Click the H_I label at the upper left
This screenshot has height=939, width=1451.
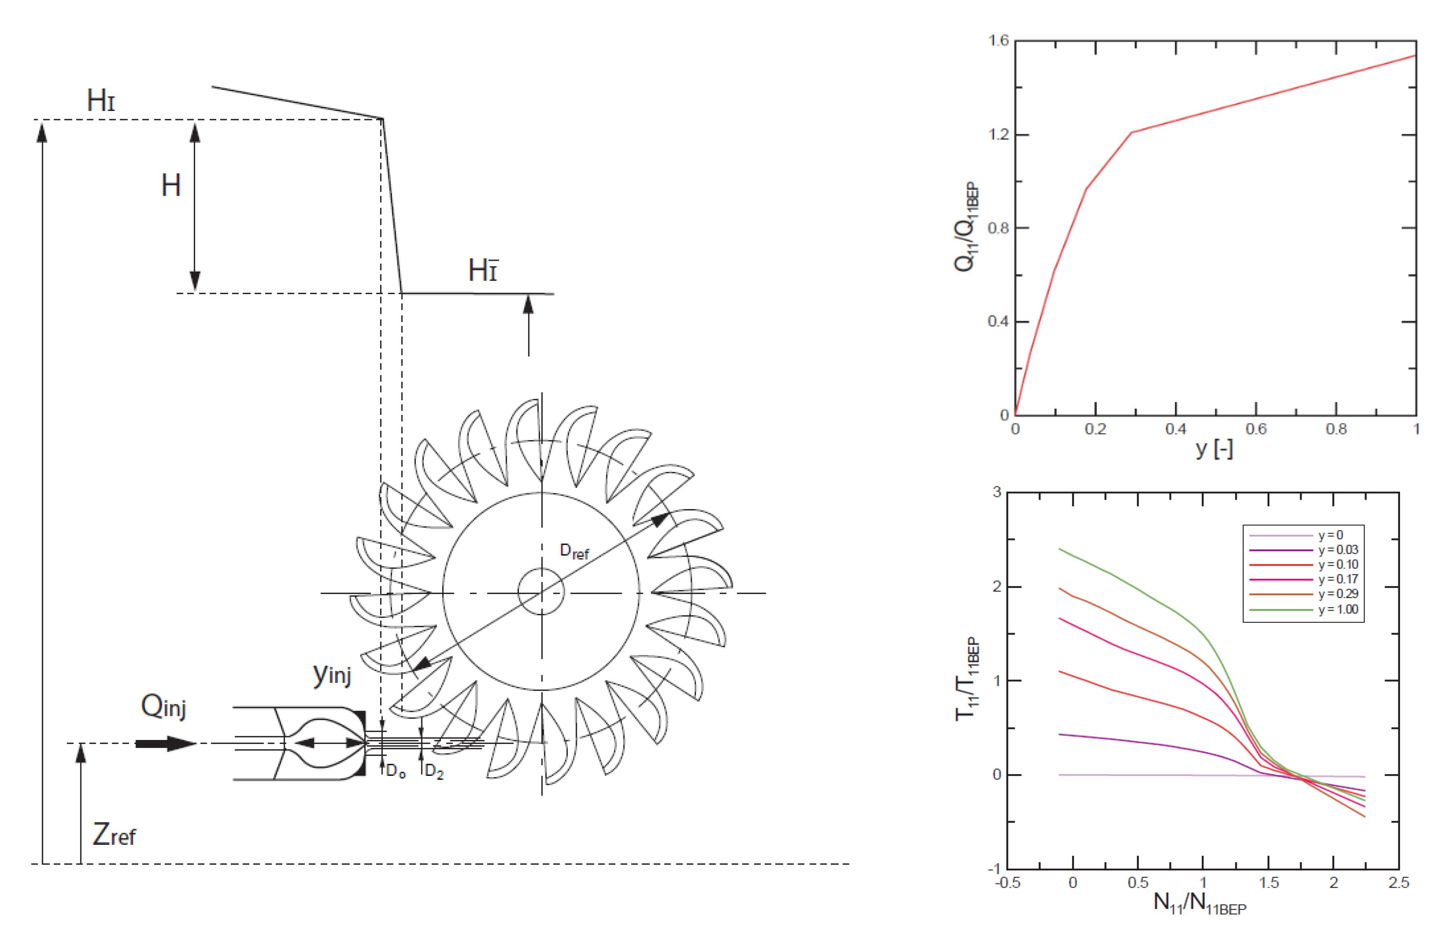[x=101, y=100]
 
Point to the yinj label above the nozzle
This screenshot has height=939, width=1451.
[x=332, y=674]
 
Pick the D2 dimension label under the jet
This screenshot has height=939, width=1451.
[x=434, y=771]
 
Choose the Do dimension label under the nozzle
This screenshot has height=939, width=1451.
[x=396, y=771]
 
